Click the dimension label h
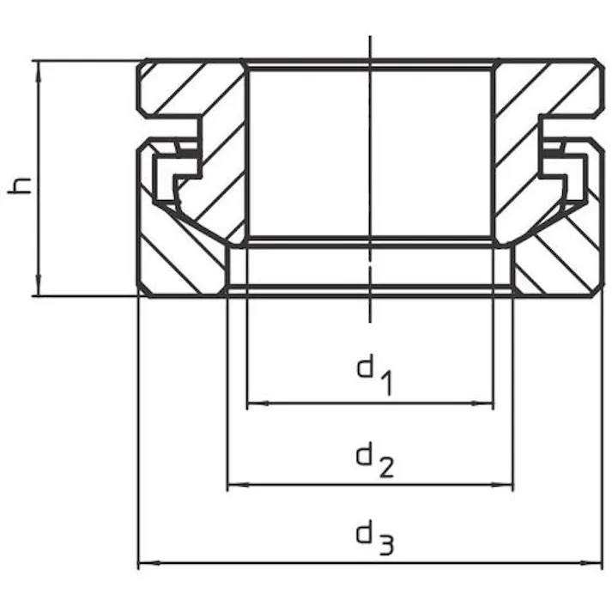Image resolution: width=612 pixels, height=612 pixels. (x=20, y=185)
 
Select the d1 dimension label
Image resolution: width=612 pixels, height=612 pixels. (x=374, y=374)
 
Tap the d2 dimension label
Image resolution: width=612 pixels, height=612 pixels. (x=375, y=459)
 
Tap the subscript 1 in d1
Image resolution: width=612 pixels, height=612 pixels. (x=386, y=384)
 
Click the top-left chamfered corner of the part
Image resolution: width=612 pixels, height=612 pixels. (x=142, y=64)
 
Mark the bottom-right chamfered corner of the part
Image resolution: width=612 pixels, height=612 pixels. (x=597, y=292)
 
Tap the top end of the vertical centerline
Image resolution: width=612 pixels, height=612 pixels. (x=370, y=36)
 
